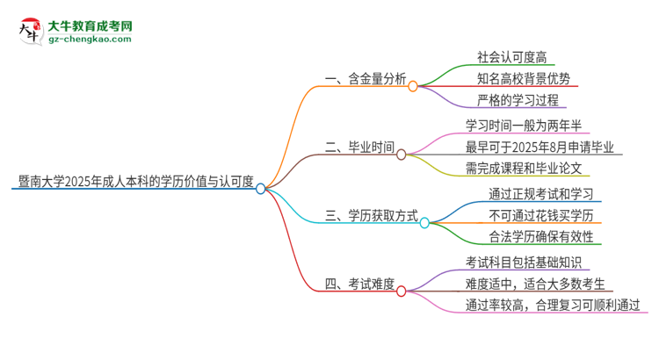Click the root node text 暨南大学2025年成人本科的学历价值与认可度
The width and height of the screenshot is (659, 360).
coord(135,182)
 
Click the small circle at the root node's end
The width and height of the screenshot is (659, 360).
coord(261,188)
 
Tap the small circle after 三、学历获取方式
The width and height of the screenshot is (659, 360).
coord(424,222)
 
